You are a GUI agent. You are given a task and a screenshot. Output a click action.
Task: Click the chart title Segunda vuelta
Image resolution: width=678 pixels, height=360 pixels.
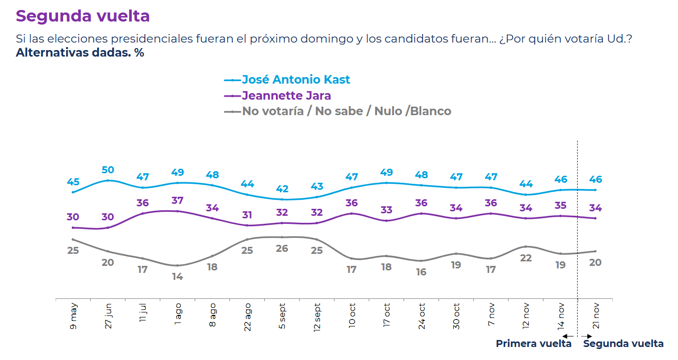[x=83, y=16]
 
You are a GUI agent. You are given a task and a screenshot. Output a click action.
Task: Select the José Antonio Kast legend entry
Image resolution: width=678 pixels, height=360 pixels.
[x=295, y=80]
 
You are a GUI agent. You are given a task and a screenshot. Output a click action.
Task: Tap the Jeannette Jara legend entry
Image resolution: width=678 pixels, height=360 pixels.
[x=286, y=95]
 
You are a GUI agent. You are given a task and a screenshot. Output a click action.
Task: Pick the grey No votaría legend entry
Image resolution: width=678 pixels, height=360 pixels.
[x=346, y=111]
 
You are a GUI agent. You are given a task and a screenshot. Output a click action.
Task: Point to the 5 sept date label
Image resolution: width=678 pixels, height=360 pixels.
[x=282, y=315]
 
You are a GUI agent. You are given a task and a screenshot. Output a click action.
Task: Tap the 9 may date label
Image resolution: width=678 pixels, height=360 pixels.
[x=73, y=315]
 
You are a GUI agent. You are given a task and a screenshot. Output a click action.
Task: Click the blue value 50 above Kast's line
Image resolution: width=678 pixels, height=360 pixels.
[x=108, y=170]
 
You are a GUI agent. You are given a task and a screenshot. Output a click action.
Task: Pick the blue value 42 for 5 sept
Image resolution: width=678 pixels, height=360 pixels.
[x=282, y=189]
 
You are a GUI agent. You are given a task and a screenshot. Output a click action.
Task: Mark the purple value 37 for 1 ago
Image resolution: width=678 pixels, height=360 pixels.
[x=177, y=201]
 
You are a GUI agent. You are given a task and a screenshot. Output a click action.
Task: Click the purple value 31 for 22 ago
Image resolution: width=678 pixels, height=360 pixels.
[x=247, y=215]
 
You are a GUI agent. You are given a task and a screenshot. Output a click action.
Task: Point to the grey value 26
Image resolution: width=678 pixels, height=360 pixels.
[x=282, y=248]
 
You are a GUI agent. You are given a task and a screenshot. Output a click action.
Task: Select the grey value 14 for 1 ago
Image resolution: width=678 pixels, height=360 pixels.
[x=177, y=276]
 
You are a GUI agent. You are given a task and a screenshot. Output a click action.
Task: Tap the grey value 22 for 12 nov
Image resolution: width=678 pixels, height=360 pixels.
[x=526, y=258]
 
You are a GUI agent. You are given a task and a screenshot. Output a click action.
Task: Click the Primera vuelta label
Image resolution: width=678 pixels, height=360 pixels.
[x=533, y=344]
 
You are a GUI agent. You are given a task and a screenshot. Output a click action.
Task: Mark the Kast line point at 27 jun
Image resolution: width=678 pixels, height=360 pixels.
[x=108, y=180]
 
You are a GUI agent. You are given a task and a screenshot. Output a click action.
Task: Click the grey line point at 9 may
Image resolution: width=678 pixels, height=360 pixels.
[x=73, y=239]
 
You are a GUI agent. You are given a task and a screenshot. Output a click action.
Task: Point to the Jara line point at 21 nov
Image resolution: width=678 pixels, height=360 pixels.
[x=595, y=218]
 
